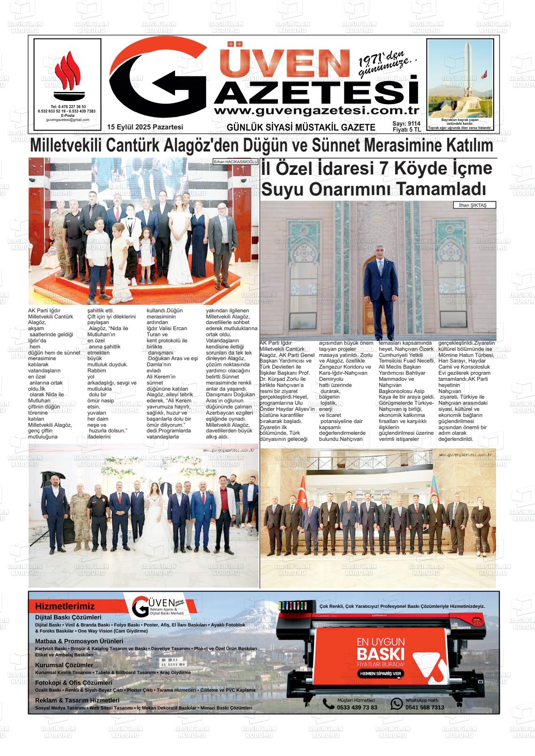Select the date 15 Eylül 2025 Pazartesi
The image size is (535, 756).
click(145, 127)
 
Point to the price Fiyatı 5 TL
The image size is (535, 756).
click(406, 130)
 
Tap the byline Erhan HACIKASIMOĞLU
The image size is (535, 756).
click(236, 162)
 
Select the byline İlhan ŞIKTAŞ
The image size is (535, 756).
click(474, 205)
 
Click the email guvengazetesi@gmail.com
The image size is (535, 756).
click(68, 120)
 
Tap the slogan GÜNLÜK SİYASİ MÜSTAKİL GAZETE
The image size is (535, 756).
click(301, 128)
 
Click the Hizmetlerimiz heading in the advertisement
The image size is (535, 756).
click(65, 606)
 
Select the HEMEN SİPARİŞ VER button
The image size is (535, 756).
click(381, 673)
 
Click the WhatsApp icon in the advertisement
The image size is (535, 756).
click(397, 703)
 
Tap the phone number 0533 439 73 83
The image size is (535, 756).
click(357, 707)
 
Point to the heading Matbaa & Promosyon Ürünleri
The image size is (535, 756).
click(79, 641)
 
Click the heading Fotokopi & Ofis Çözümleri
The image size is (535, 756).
click(74, 683)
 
